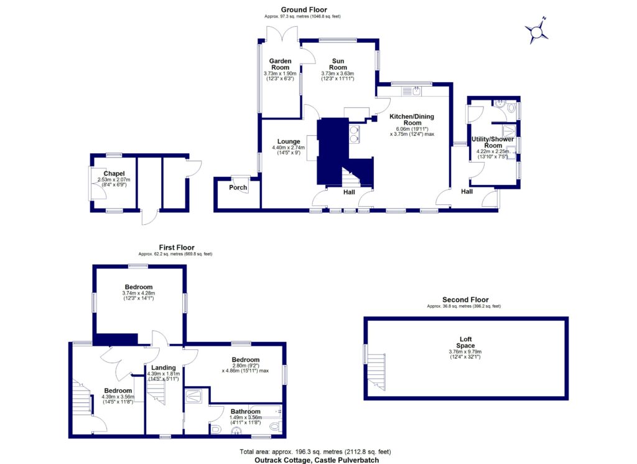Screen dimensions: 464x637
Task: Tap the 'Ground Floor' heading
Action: pyautogui.click(x=304, y=9)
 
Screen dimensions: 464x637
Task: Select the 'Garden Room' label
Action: pyautogui.click(x=279, y=64)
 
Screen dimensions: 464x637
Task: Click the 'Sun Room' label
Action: pyautogui.click(x=338, y=64)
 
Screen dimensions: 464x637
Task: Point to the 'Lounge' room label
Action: pyautogui.click(x=289, y=141)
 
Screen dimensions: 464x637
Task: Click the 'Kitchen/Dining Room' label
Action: pyautogui.click(x=411, y=120)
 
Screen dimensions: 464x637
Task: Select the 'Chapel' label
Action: pyautogui.click(x=114, y=174)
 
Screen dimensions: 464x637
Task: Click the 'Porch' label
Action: pyautogui.click(x=238, y=187)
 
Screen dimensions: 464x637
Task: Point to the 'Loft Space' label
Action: pyautogui.click(x=465, y=343)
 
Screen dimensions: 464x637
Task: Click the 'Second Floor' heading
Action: pyautogui.click(x=465, y=300)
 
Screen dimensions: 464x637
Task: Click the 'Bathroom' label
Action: pyautogui.click(x=244, y=411)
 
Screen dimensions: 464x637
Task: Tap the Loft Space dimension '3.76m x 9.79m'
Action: pyautogui.click(x=465, y=352)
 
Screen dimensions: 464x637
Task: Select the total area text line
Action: pyautogui.click(x=318, y=452)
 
